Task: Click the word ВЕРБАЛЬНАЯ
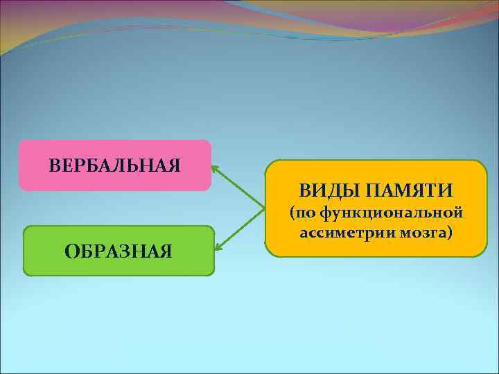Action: pos(115,166)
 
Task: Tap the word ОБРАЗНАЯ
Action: pos(119,251)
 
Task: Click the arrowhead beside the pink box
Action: pos(215,167)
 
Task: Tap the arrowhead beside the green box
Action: pos(218,249)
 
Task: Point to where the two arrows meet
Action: pos(265,208)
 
